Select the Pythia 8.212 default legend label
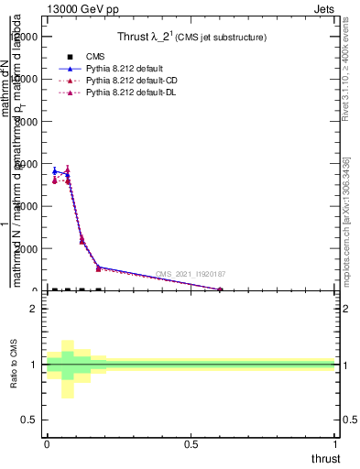pos(124,69)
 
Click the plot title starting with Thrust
pos(191,38)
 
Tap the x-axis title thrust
pos(325,458)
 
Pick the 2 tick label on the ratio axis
pos(33,309)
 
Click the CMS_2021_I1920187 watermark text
pos(190,274)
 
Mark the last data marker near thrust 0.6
pos(220,289)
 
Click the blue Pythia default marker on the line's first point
pos(55,171)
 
